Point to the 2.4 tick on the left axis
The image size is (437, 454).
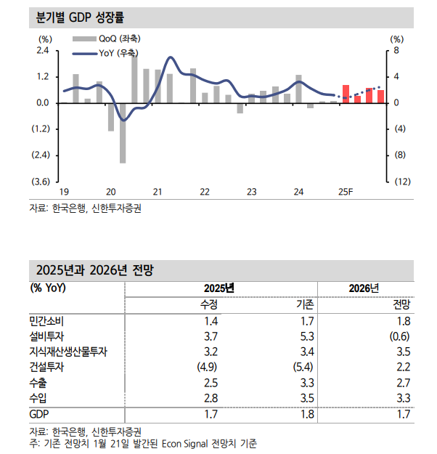click(x=42, y=51)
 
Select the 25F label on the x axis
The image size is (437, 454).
click(x=346, y=192)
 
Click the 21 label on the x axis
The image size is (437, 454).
click(x=157, y=192)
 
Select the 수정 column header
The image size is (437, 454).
click(x=208, y=304)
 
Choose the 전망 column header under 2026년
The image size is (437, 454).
click(x=401, y=304)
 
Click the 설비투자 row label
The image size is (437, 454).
click(x=47, y=336)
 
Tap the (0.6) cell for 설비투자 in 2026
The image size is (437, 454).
click(x=399, y=336)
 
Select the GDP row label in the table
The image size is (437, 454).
click(x=39, y=415)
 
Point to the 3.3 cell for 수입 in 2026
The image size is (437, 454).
click(x=403, y=399)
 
